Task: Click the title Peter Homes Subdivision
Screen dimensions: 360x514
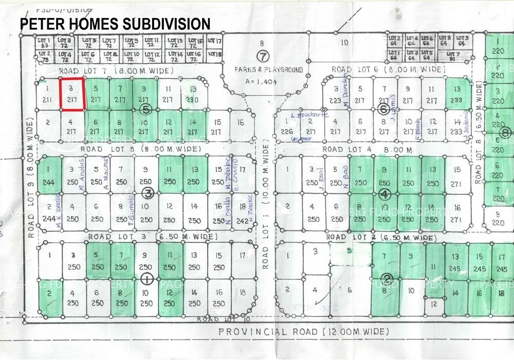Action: click(115, 24)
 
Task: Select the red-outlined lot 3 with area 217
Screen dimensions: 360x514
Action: click(72, 94)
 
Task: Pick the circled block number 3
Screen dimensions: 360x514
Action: click(148, 193)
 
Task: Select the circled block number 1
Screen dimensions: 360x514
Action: click(147, 278)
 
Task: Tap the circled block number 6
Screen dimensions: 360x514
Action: click(383, 109)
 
